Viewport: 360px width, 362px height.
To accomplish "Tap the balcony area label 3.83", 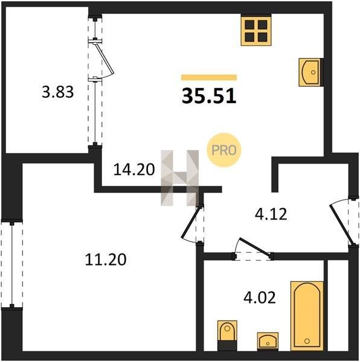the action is (x=58, y=92).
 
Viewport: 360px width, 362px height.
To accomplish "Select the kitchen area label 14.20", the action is (x=134, y=170).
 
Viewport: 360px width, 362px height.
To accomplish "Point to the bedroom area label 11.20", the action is (x=106, y=259).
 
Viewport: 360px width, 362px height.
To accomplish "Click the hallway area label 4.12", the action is (x=271, y=214).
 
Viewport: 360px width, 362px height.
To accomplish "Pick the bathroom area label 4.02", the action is (x=260, y=297).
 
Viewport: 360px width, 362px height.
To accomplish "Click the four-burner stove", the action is (x=256, y=30).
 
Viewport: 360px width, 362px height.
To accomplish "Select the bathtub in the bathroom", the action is (x=307, y=316).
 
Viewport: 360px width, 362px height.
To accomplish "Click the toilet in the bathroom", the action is (x=227, y=335).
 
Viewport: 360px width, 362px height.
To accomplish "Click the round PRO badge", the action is (x=223, y=150).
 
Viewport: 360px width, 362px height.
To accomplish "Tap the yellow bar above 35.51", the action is (x=209, y=77).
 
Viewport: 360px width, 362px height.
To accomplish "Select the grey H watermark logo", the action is (x=180, y=178).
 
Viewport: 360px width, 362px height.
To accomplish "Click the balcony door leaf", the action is (x=104, y=58).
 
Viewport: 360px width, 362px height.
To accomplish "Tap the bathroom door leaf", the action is (x=255, y=247).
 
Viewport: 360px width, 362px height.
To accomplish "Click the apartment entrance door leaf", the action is (x=342, y=225).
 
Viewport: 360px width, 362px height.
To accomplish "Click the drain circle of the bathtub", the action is (x=307, y=341).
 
